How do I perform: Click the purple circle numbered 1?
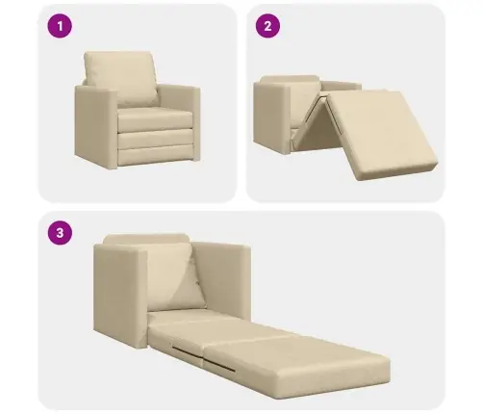click(60, 26)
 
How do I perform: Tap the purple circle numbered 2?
click(267, 26)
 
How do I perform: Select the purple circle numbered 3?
click(60, 233)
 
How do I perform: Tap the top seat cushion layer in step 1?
click(156, 119)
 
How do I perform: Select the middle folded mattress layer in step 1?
click(156, 138)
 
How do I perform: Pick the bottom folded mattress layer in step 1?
click(156, 156)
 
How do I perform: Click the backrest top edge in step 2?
click(290, 79)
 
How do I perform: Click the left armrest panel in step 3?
click(120, 296)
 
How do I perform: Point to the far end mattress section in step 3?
click(296, 364)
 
